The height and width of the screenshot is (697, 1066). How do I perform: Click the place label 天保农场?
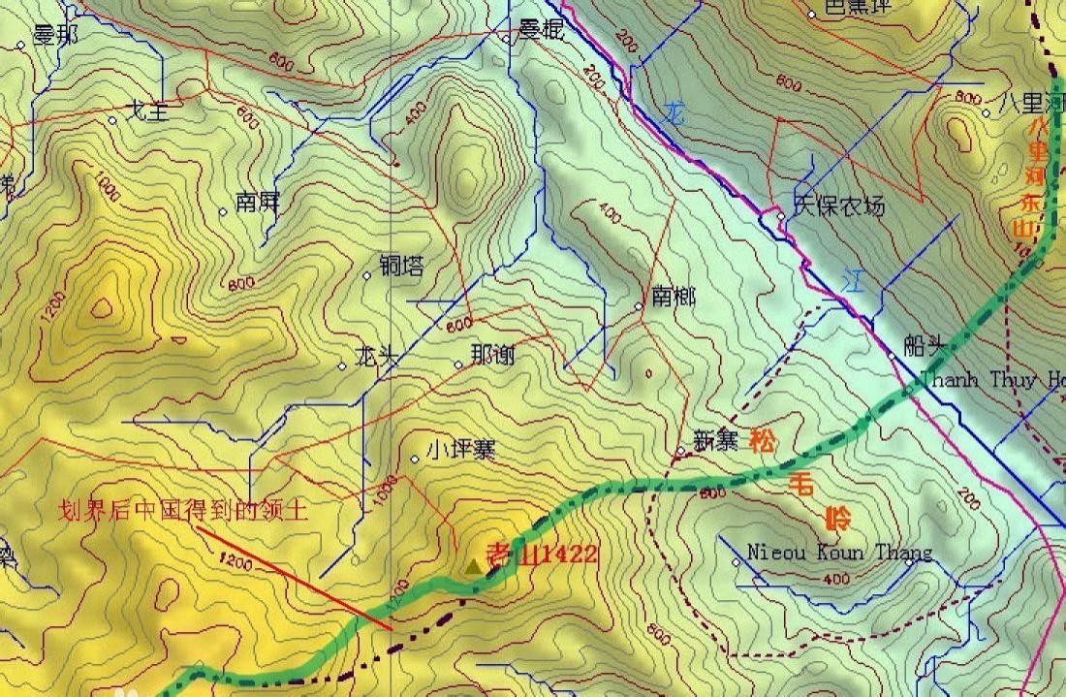click(839, 206)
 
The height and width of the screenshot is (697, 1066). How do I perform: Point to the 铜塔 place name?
click(401, 266)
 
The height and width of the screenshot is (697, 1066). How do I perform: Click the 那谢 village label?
click(492, 356)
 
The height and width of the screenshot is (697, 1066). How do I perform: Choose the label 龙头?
click(377, 356)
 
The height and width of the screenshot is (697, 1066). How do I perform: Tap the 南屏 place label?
click(257, 204)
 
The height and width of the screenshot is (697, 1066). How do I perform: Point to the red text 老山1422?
click(542, 554)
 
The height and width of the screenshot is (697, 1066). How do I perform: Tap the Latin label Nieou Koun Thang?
click(839, 553)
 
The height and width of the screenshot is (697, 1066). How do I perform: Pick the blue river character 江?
click(852, 280)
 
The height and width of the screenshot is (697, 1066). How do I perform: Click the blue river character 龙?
click(674, 113)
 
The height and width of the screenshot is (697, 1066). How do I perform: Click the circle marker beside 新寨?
click(680, 451)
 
